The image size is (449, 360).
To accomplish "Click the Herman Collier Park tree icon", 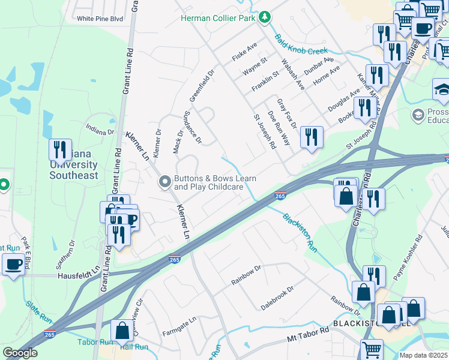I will point(264,17).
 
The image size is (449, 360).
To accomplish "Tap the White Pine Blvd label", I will point(100,19).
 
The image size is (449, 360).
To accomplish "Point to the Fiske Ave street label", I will point(244,53).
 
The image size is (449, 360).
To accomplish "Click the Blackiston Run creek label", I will point(299,232).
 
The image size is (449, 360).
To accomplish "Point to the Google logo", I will point(20,352).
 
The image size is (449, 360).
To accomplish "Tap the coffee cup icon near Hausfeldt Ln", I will point(13,264).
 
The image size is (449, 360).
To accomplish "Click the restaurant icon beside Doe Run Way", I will point(311,137).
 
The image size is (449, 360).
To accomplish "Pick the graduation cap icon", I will point(442,89).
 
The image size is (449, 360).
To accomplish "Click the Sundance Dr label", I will point(192,127).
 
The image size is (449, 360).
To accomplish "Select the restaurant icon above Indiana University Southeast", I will point(60,149).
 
